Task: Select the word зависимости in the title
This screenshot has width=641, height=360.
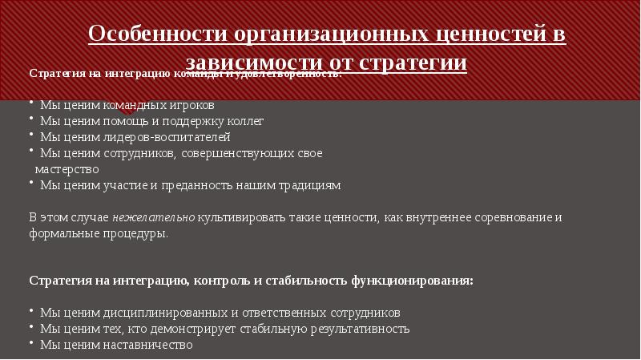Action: click(x=251, y=63)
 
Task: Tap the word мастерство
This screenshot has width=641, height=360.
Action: click(x=67, y=169)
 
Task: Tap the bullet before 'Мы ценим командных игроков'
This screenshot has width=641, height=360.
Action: click(x=31, y=105)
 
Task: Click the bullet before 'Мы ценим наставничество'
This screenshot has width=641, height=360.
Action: click(x=31, y=345)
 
